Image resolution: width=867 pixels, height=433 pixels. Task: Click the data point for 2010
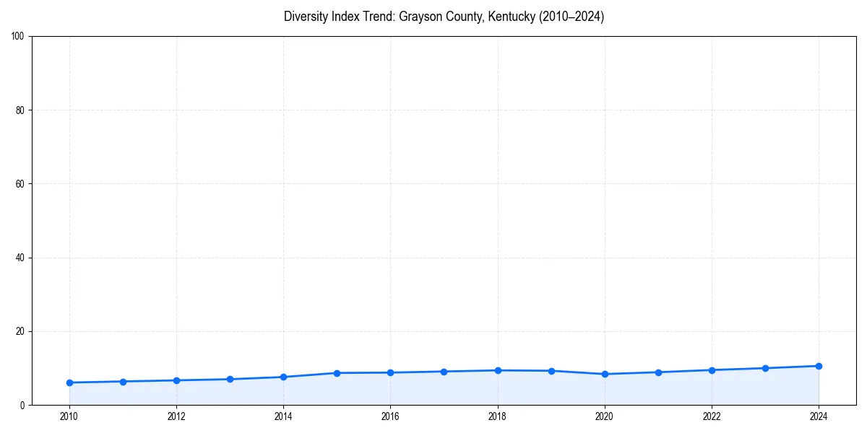click(69, 382)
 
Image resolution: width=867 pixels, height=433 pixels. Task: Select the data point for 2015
click(337, 373)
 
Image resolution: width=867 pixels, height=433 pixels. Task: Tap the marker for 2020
click(605, 374)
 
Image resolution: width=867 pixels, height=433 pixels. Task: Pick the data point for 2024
click(819, 366)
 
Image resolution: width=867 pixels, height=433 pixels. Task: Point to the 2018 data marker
click(498, 370)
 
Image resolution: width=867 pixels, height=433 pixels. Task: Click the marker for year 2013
click(230, 379)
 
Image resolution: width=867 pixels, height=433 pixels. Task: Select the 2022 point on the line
click(712, 370)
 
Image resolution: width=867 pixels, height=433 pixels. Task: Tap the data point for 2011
click(123, 381)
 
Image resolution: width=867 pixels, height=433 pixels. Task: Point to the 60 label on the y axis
click(21, 184)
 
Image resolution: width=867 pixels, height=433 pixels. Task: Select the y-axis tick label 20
click(21, 331)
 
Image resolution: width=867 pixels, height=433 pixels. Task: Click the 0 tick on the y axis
click(23, 405)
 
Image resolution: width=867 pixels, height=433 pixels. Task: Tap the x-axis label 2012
click(176, 416)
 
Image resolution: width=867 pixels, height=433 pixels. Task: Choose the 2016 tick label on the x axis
click(390, 416)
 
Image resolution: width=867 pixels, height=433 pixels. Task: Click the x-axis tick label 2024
click(819, 416)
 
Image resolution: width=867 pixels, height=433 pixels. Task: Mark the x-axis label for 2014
click(283, 416)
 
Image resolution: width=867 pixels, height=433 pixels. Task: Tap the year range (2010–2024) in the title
click(571, 17)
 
